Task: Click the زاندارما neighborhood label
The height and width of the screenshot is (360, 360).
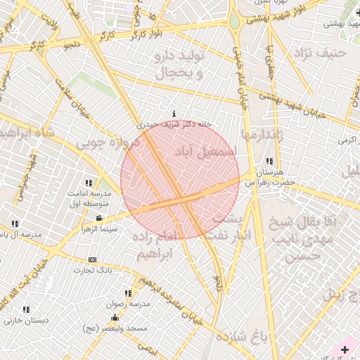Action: [262, 134]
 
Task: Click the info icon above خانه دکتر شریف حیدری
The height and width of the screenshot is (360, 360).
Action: [174, 113]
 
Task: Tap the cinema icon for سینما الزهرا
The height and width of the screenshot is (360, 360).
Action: [98, 218]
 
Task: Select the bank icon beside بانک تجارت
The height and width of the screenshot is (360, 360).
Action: [92, 260]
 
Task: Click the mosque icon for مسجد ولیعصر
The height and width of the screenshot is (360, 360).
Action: [115, 318]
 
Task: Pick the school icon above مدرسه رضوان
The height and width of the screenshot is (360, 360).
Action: [128, 293]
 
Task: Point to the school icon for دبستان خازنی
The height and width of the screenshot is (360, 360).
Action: [26, 309]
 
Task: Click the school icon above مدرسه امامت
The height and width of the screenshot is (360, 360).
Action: [89, 183]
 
